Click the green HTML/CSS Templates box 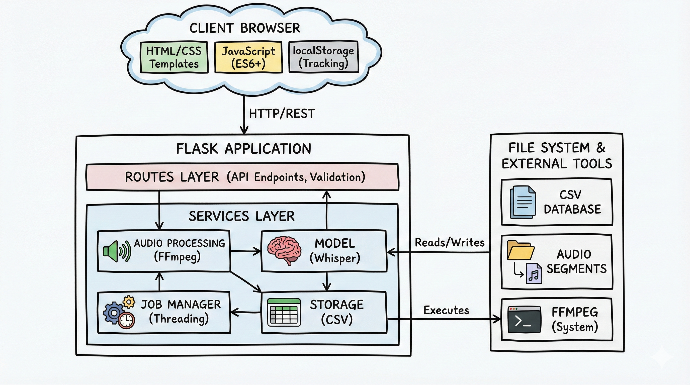[174, 57]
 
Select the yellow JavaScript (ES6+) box [248, 57]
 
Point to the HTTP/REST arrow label [282, 114]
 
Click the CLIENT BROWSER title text [244, 28]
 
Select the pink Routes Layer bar [242, 177]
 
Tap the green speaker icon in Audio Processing [117, 251]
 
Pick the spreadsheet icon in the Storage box [284, 312]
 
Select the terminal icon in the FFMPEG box [524, 320]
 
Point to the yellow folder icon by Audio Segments [520, 250]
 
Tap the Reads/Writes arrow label [450, 243]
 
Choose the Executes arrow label [446, 310]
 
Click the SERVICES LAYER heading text [241, 216]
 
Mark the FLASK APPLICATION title [243, 149]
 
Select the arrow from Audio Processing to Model [245, 251]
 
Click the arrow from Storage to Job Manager [245, 312]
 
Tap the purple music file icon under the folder [534, 273]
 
